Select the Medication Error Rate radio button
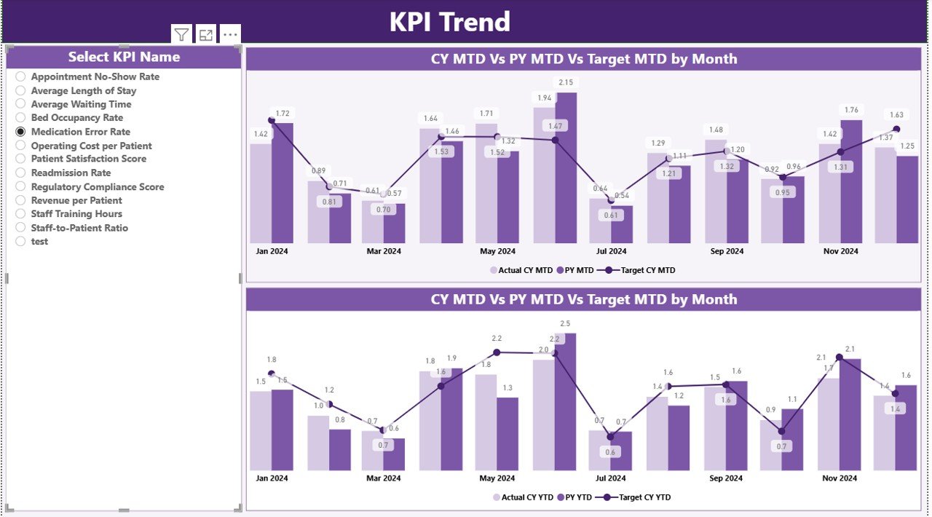tap(20, 132)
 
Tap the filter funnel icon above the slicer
tap(181, 34)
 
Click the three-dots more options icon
tap(230, 34)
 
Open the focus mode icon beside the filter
tap(206, 34)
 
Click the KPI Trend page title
tap(449, 22)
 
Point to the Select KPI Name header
tap(124, 57)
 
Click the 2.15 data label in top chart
tap(565, 82)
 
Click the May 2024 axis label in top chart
tap(497, 251)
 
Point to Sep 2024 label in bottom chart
tap(726, 478)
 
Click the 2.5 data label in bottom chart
tap(565, 323)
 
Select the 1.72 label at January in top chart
tap(283, 113)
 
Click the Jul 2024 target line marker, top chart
tap(611, 200)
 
